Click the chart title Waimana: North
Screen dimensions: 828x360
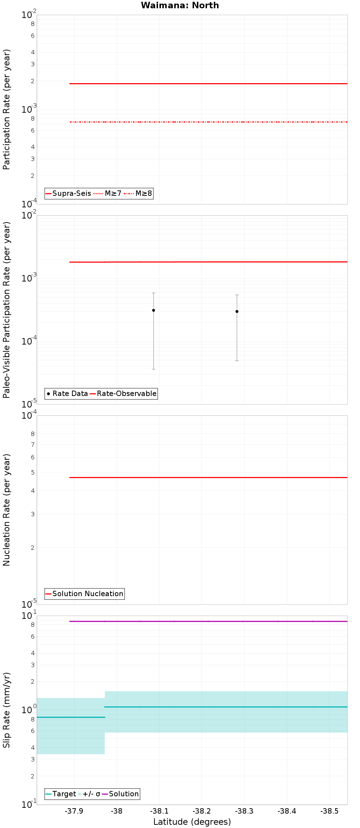(180, 5)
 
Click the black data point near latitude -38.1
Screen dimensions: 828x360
(153, 310)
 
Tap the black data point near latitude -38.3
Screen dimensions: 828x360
(237, 311)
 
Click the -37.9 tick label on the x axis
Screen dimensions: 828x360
(74, 811)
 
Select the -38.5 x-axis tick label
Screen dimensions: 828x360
(330, 811)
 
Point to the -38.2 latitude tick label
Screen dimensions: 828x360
(202, 811)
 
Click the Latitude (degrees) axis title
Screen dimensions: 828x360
(192, 822)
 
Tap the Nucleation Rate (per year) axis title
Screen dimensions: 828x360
(6, 510)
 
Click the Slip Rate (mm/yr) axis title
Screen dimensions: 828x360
(6, 710)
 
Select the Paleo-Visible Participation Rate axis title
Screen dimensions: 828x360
(6, 310)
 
